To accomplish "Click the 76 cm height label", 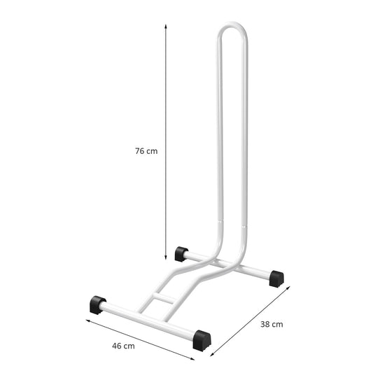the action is click(x=146, y=151).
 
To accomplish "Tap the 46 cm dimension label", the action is click(x=123, y=346).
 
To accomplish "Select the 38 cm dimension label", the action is click(x=272, y=324).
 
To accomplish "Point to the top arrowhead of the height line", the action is click(x=166, y=26).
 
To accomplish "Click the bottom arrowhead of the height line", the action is click(x=166, y=258).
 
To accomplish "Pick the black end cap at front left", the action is click(x=98, y=305).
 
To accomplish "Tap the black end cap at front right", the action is click(x=202, y=341).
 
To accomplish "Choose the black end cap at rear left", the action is click(x=181, y=254).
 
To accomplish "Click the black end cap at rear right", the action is click(x=276, y=279).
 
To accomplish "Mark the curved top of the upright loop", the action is click(x=232, y=24).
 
